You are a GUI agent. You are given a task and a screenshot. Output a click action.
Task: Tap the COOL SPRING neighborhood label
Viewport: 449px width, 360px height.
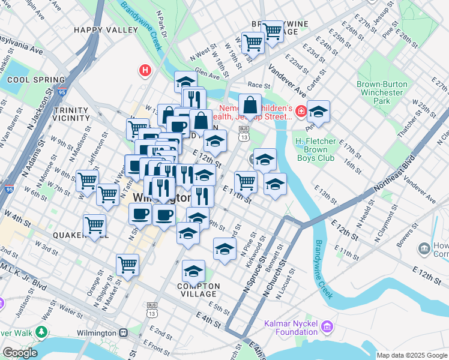(x=36, y=80)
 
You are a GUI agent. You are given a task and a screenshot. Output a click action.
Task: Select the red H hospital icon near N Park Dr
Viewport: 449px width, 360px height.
(x=144, y=71)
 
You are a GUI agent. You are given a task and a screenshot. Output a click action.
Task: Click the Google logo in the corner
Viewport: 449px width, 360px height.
(x=19, y=353)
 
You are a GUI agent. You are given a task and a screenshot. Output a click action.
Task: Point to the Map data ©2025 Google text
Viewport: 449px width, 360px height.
(x=412, y=355)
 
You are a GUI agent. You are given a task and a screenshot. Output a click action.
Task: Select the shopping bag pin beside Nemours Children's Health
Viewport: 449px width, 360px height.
(x=250, y=106)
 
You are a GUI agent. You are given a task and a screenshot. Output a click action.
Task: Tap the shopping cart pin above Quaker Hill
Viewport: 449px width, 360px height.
(x=94, y=225)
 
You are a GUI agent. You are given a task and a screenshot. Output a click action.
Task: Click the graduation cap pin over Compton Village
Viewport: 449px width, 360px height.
(x=193, y=272)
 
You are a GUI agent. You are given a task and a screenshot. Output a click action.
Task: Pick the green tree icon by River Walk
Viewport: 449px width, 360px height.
(x=41, y=332)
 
